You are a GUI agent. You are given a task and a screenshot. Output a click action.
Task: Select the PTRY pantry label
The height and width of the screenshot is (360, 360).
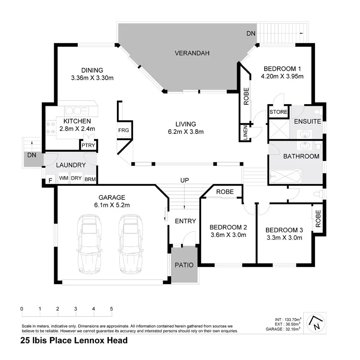(x=89, y=146)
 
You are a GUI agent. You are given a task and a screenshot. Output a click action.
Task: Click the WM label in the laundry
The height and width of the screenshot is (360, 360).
(x=63, y=179)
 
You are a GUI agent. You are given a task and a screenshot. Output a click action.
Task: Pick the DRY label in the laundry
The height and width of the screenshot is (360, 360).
(x=76, y=179)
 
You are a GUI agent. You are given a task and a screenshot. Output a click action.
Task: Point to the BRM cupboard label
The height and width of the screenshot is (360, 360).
(x=90, y=179)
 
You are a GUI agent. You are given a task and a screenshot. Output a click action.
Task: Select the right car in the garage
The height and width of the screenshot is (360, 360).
(x=130, y=244)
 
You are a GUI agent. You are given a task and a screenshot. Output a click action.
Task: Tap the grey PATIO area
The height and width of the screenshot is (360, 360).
(x=185, y=266)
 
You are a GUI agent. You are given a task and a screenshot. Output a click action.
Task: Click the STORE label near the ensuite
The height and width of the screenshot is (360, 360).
(x=279, y=112)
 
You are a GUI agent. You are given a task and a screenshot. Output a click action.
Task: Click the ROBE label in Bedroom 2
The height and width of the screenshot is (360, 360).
(x=225, y=192)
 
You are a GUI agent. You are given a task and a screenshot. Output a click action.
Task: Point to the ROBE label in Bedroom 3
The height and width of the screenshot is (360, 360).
(x=318, y=217)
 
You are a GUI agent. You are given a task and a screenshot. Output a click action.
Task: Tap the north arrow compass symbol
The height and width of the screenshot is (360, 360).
(x=316, y=323)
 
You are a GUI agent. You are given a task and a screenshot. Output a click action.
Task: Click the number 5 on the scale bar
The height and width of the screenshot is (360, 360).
(x=111, y=309)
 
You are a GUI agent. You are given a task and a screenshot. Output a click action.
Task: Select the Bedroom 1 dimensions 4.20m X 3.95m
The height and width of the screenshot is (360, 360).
(x=282, y=77)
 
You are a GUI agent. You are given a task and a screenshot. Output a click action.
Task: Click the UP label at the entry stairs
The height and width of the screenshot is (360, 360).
(x=185, y=180)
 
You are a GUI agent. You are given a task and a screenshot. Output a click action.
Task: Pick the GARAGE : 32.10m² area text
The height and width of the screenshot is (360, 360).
(x=283, y=329)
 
